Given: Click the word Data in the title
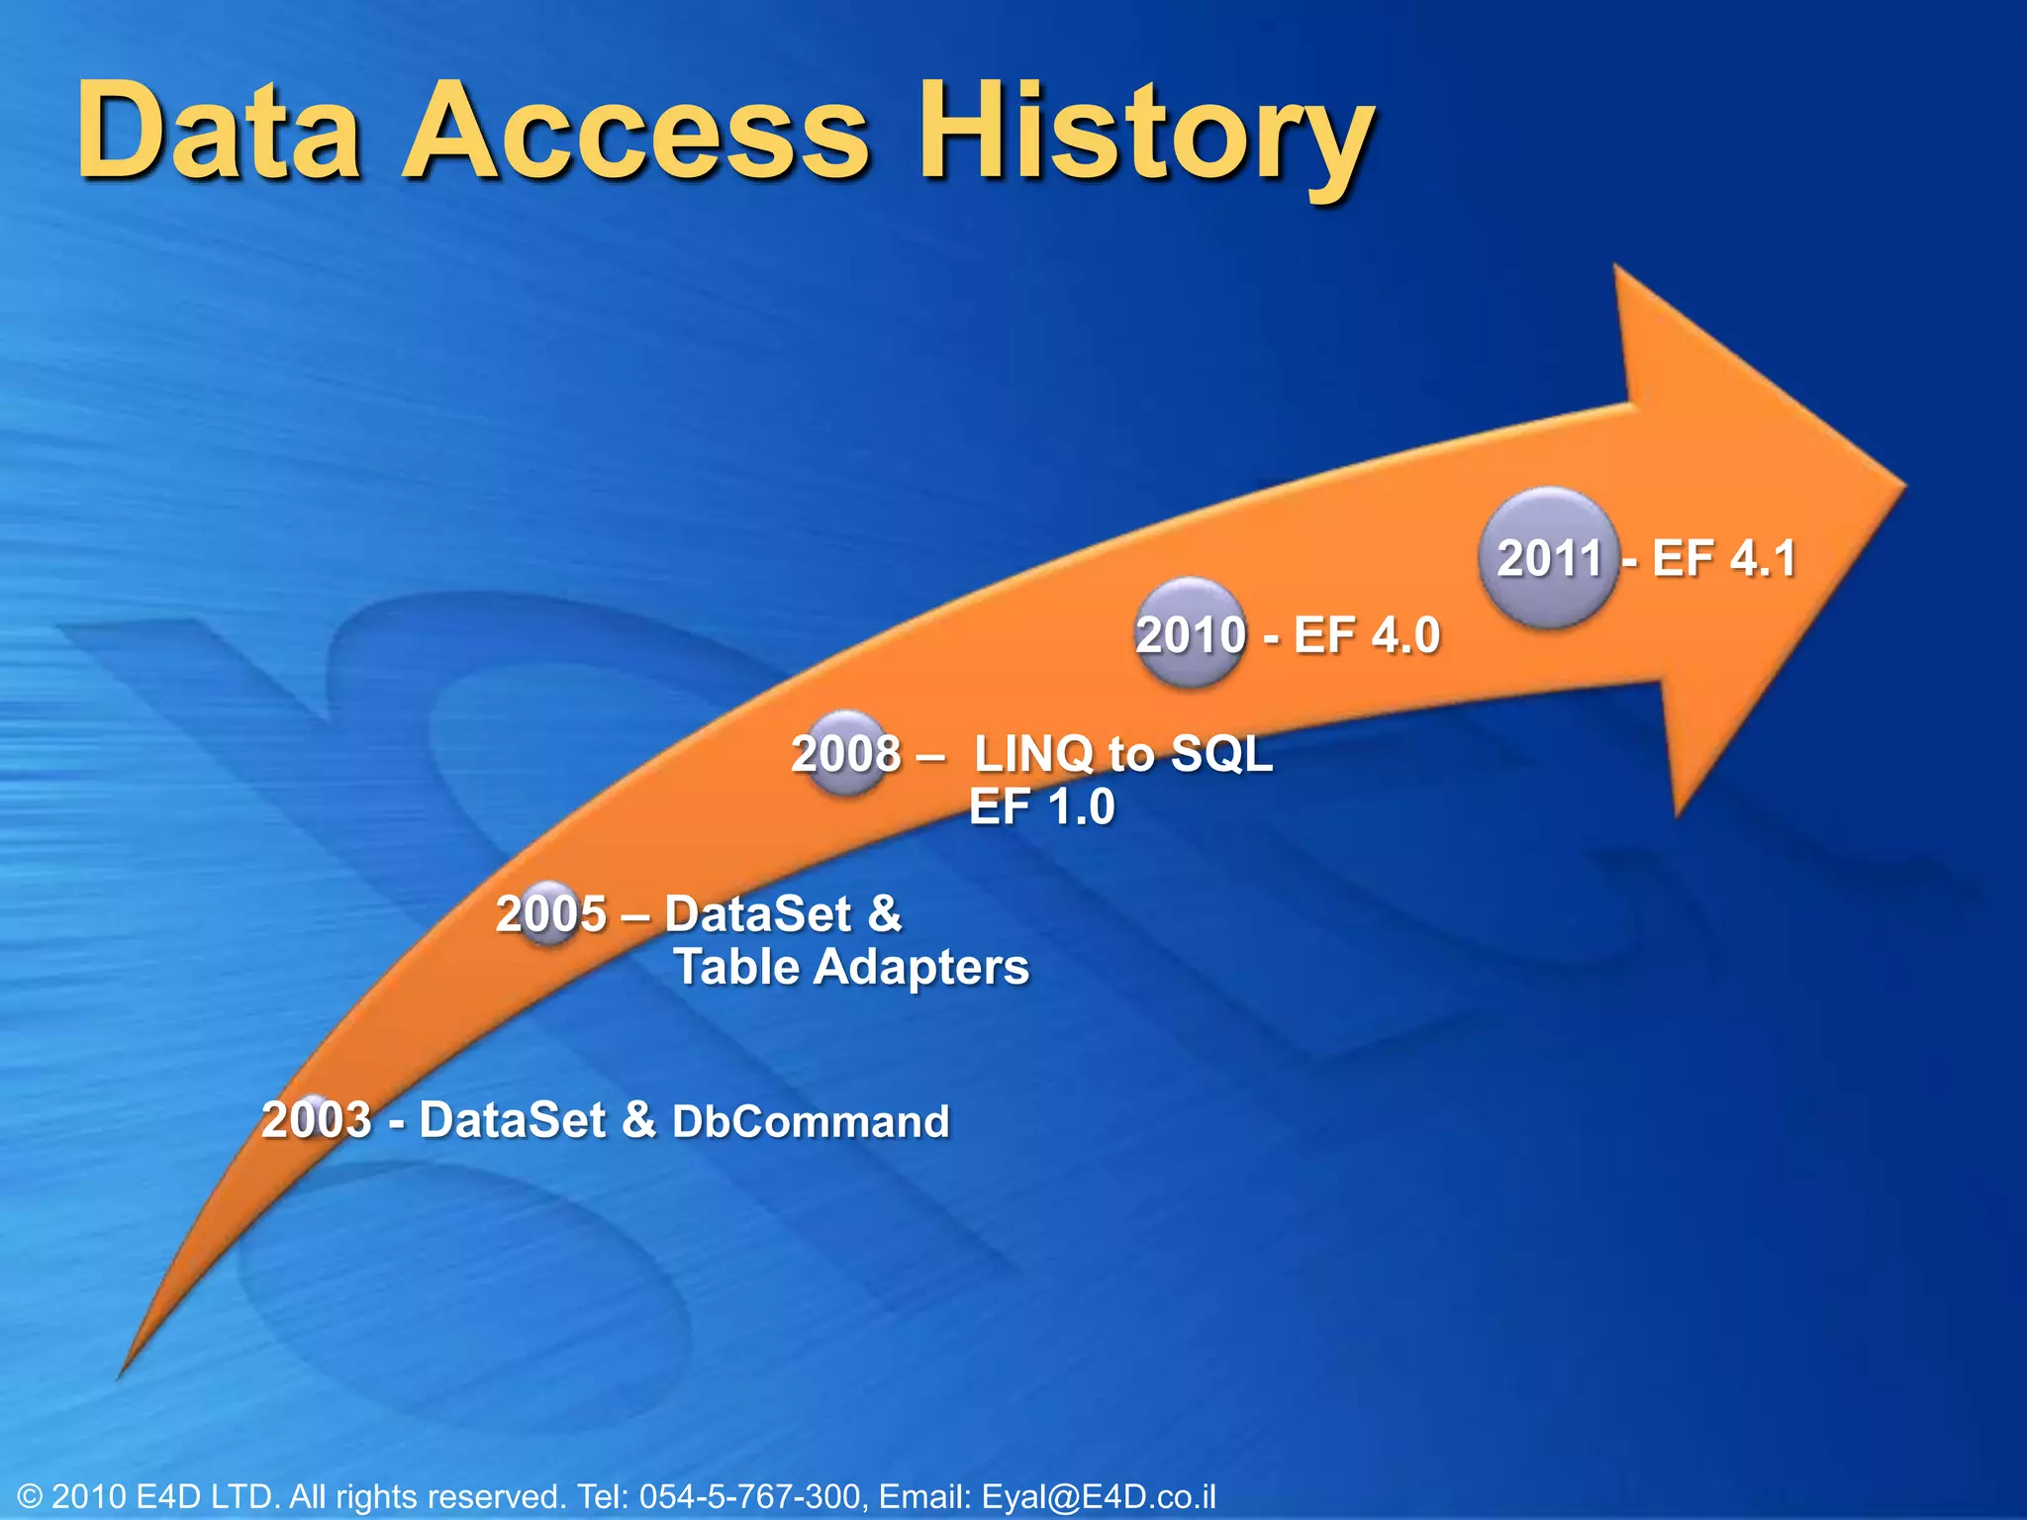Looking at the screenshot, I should point(220,134).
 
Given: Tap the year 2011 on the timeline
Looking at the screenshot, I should point(1549,558).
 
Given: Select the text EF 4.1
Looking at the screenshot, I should point(1723,558).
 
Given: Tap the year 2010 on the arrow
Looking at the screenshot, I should point(1190,635).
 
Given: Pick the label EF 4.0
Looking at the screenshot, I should point(1366,635).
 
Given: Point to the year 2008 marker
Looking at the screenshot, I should point(845,754).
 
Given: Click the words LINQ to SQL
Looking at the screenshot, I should point(1123,754).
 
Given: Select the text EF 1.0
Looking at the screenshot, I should point(1041,807).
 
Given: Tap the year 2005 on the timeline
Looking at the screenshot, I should point(550,913).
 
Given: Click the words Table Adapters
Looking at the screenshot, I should point(851,967).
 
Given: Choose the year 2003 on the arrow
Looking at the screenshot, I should point(316,1120).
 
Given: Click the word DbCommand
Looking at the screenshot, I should point(811,1122).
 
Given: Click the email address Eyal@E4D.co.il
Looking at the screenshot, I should point(1098,1496).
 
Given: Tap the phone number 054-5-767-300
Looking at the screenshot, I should point(750,1496).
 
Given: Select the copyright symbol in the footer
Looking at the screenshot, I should point(30,1496).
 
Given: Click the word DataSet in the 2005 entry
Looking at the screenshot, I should point(757,913).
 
